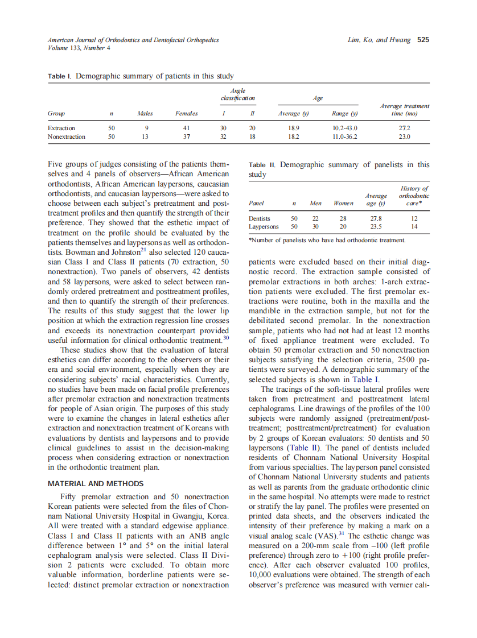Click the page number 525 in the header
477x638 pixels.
pyautogui.click(x=423, y=40)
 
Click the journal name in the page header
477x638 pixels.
pyautogui.click(x=133, y=40)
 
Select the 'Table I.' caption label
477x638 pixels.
pyautogui.click(x=60, y=76)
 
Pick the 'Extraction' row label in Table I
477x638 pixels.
pyautogui.click(x=61, y=129)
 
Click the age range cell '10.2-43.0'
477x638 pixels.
pyautogui.click(x=344, y=129)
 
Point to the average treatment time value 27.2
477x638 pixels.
pyautogui.click(x=404, y=129)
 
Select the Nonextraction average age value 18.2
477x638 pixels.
pyautogui.click(x=294, y=136)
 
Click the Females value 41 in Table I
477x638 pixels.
pyautogui.click(x=187, y=129)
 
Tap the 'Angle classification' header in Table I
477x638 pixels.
pyautogui.click(x=238, y=94)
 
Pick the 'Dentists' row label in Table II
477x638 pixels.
pyautogui.click(x=260, y=218)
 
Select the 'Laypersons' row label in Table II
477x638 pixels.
pyautogui.click(x=264, y=226)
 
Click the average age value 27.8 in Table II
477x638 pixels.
pyautogui.click(x=376, y=218)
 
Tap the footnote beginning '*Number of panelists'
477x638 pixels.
pyautogui.click(x=327, y=241)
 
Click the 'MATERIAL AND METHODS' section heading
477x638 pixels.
pyautogui.click(x=96, y=484)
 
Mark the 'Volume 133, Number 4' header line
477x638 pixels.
pyautogui.click(x=79, y=48)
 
